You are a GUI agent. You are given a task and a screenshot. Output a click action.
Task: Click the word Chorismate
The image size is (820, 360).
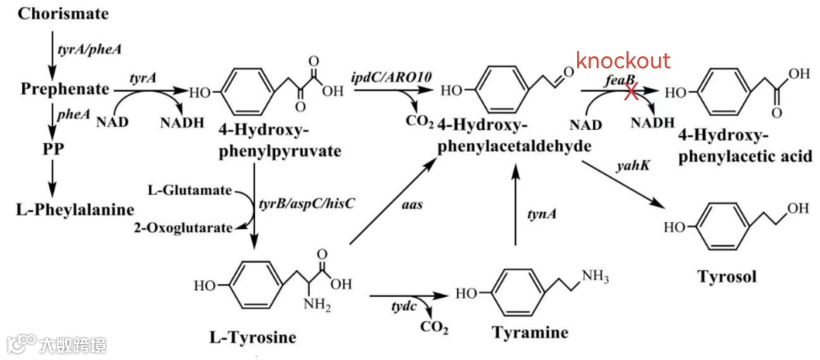(x=63, y=14)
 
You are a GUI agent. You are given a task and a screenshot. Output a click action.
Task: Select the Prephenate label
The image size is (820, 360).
(x=65, y=89)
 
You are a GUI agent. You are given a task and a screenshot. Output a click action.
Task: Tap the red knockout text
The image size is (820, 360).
(x=623, y=62)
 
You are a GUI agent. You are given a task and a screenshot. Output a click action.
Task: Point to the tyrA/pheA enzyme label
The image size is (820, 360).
(x=89, y=49)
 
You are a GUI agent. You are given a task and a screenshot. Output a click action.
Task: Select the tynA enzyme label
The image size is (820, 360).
(x=541, y=215)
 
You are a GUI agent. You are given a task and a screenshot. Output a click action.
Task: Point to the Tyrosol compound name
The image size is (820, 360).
(x=727, y=276)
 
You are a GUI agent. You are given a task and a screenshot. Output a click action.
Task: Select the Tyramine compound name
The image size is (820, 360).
(x=529, y=333)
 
